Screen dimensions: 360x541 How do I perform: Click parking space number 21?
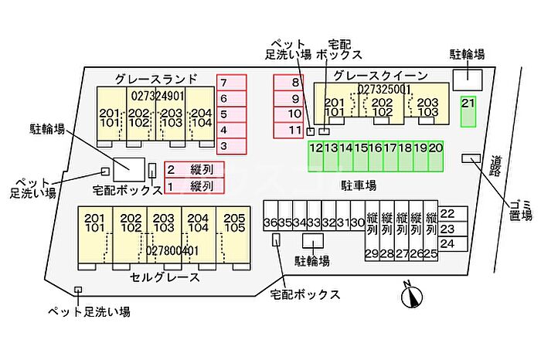click(x=468, y=110)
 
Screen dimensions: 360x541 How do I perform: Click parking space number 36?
click(x=270, y=223)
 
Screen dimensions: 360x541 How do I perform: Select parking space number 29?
click(x=372, y=253)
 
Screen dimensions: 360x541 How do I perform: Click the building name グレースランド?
click(x=155, y=78)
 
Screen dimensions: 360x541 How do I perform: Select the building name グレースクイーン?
click(x=380, y=75)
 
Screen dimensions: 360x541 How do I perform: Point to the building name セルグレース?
click(x=165, y=277)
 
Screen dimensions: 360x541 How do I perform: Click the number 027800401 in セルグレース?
click(x=173, y=251)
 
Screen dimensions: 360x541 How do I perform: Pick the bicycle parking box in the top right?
click(x=467, y=78)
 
